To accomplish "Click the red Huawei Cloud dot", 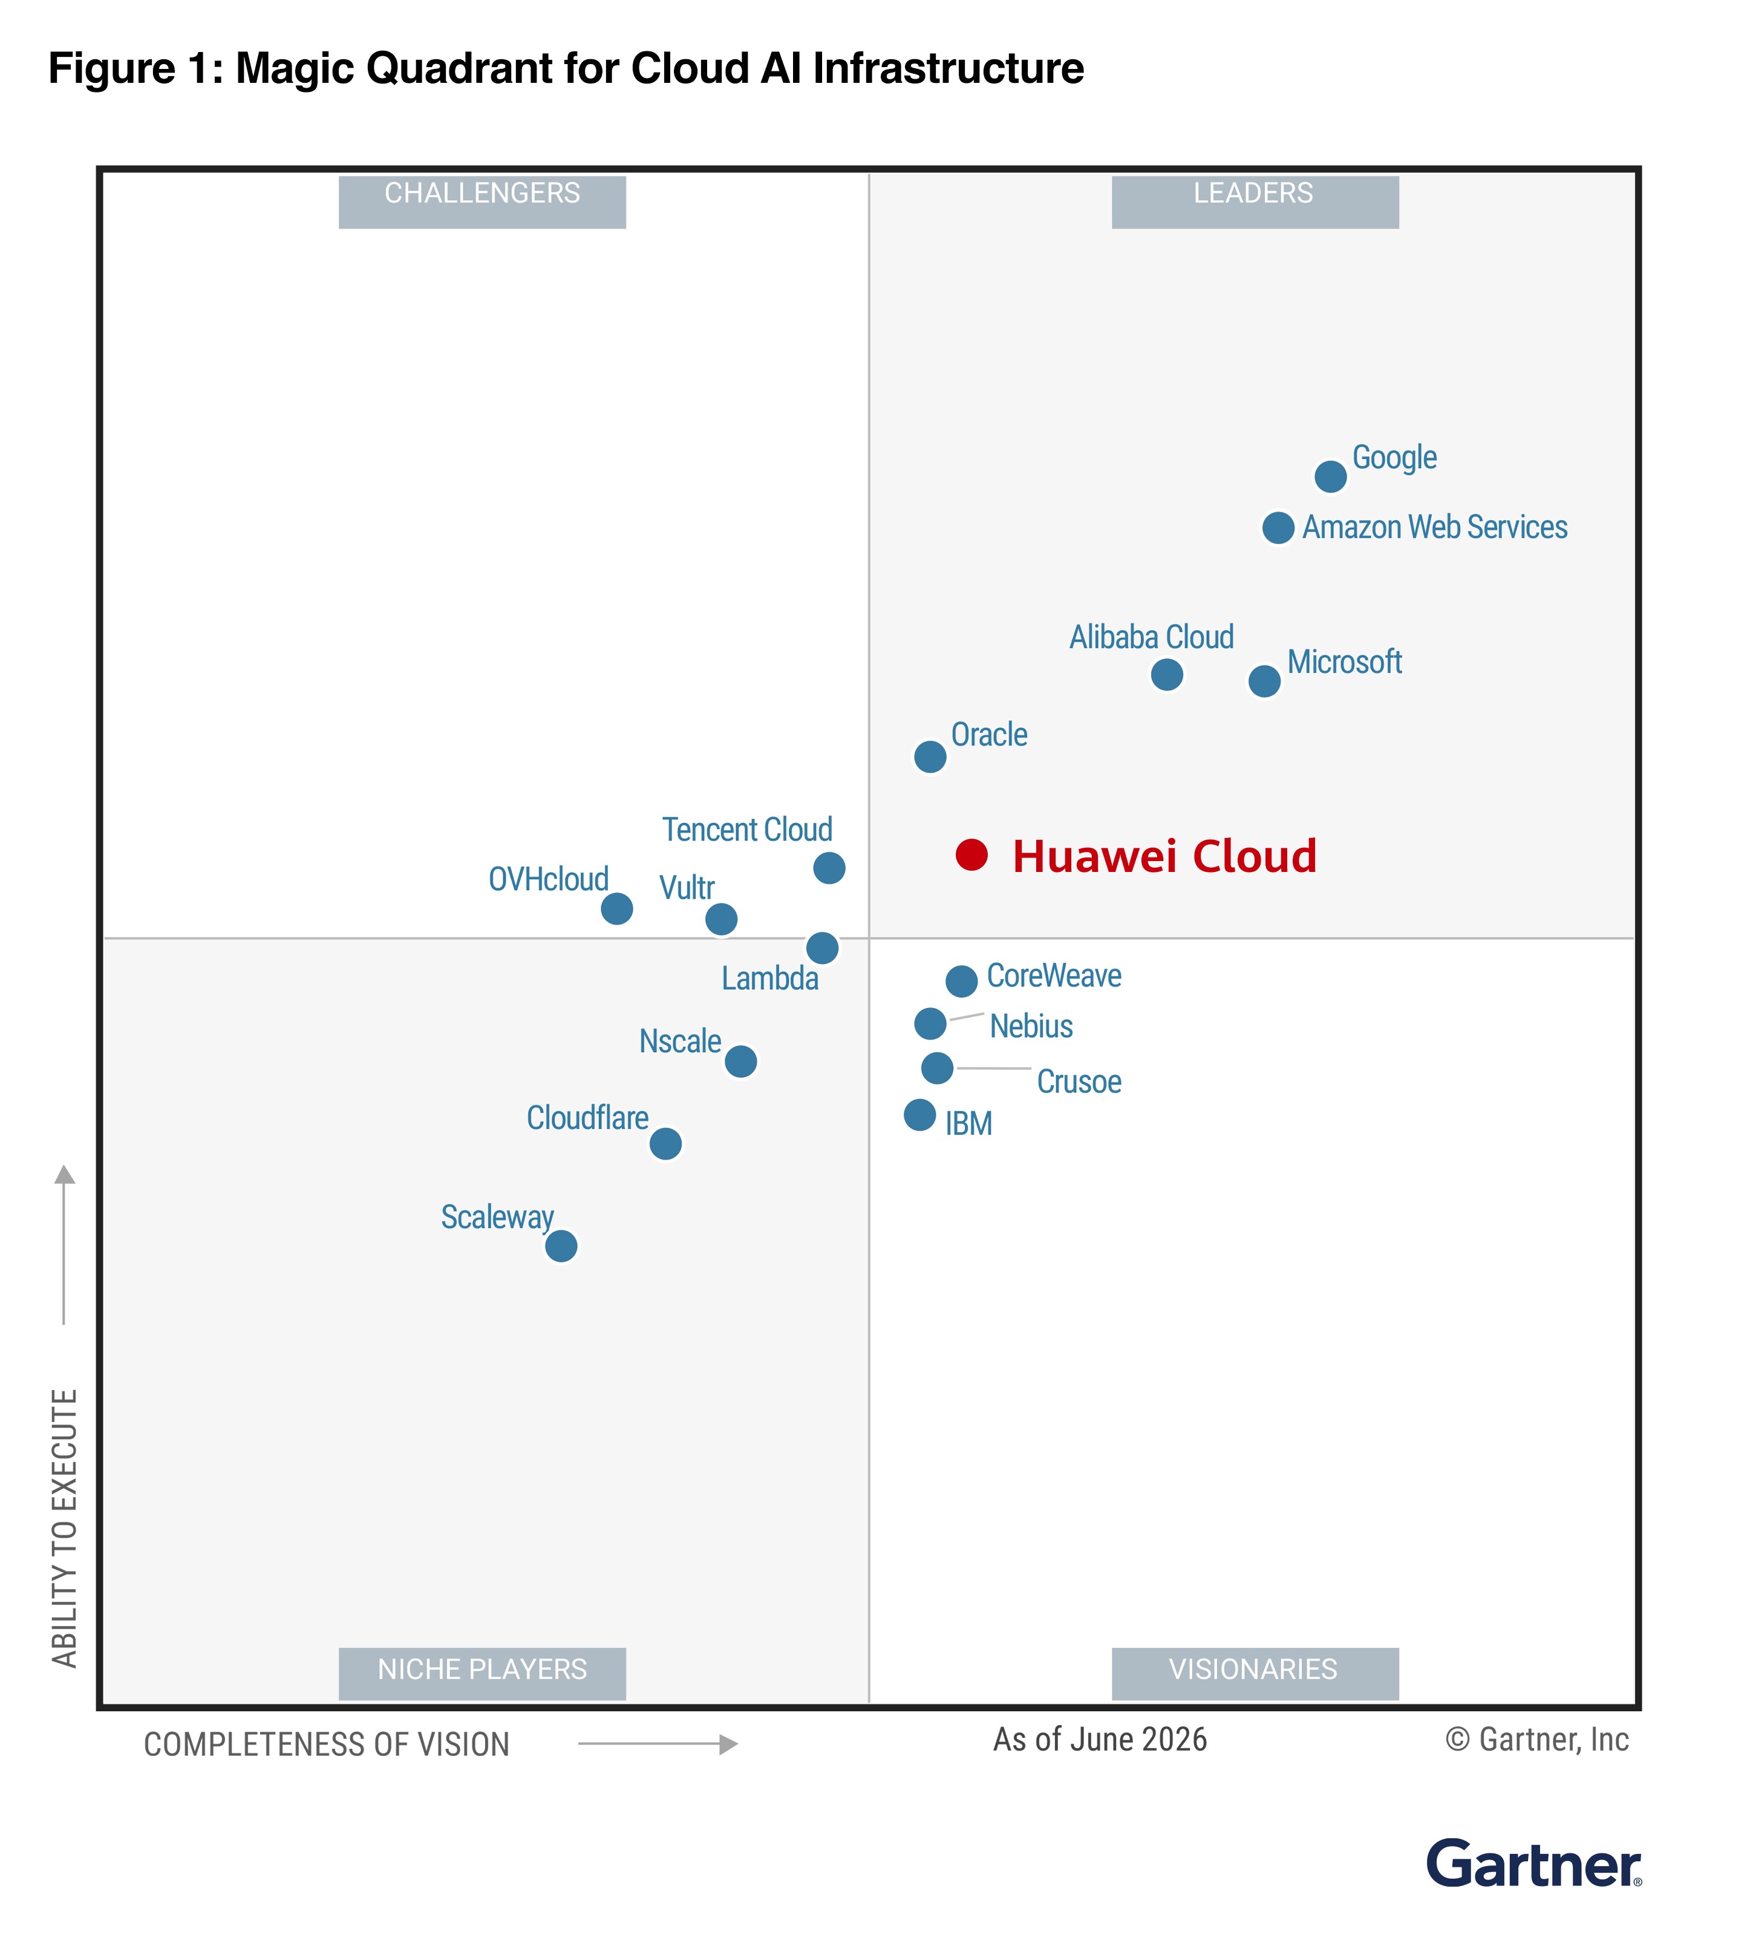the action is [971, 854].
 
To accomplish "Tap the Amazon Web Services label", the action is [1434, 527].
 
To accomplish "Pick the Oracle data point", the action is [929, 756].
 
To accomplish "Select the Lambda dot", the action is [821, 948].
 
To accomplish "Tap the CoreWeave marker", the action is [961, 981].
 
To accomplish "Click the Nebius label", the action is [1031, 1026].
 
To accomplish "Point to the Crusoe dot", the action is [937, 1067].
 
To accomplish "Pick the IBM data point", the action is [919, 1115].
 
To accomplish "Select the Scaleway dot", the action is [561, 1246].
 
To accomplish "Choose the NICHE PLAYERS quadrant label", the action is [482, 1673].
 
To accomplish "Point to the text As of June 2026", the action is [1100, 1738].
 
